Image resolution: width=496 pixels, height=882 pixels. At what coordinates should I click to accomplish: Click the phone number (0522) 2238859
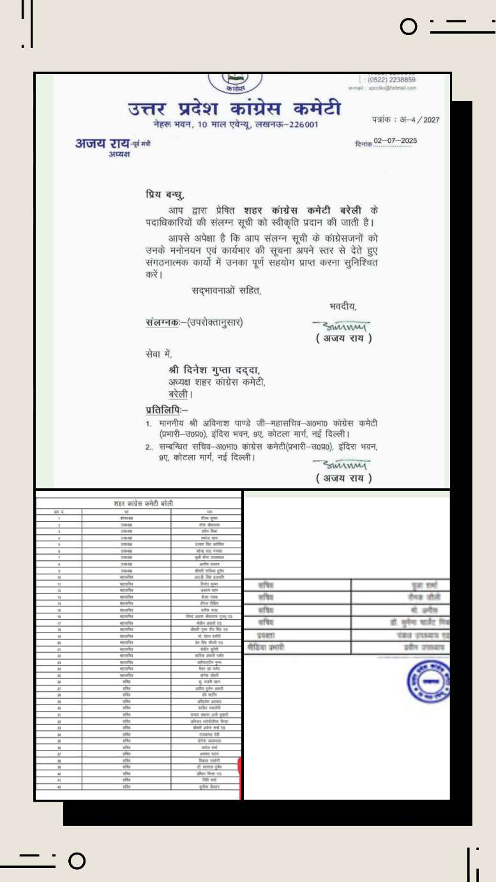click(x=391, y=80)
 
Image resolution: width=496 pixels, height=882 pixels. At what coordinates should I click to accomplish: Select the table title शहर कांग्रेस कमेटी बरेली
click(x=139, y=504)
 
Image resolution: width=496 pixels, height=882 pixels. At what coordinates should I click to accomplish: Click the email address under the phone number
click(x=382, y=88)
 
